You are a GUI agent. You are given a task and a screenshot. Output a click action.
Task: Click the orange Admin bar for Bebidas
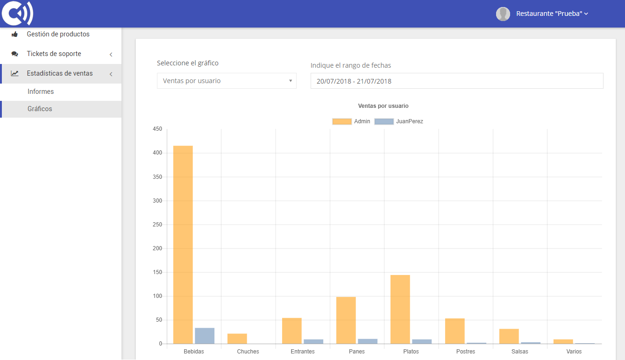tap(183, 245)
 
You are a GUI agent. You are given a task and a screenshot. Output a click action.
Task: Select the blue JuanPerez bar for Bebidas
tap(205, 336)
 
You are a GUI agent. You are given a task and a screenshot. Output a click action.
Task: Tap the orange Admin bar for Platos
tap(400, 309)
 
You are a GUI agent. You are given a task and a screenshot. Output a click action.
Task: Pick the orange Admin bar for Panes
tap(346, 320)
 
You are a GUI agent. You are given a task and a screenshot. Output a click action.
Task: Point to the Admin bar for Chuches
tap(237, 339)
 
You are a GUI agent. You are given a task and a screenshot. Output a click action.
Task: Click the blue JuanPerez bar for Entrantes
tap(313, 341)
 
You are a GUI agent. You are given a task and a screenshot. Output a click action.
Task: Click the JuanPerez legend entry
tap(399, 121)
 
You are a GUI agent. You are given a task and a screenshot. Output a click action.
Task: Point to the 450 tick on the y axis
tap(157, 129)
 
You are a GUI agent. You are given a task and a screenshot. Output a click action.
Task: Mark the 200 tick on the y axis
tap(157, 248)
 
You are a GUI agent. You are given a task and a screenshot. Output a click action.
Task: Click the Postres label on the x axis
tap(466, 352)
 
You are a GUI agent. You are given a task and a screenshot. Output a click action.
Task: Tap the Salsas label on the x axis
tap(520, 352)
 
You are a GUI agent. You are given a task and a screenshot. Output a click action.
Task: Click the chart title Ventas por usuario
tap(383, 106)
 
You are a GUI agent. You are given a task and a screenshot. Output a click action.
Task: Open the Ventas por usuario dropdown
tap(227, 81)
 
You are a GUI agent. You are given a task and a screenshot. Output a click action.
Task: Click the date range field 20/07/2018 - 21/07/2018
tap(456, 81)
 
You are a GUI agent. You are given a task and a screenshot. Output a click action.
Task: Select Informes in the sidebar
tap(41, 92)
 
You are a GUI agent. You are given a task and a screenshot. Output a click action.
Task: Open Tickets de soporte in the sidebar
tap(54, 54)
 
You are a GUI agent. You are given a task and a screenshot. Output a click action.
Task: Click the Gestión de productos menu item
tap(58, 34)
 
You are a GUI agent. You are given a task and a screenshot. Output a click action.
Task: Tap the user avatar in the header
tap(503, 14)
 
